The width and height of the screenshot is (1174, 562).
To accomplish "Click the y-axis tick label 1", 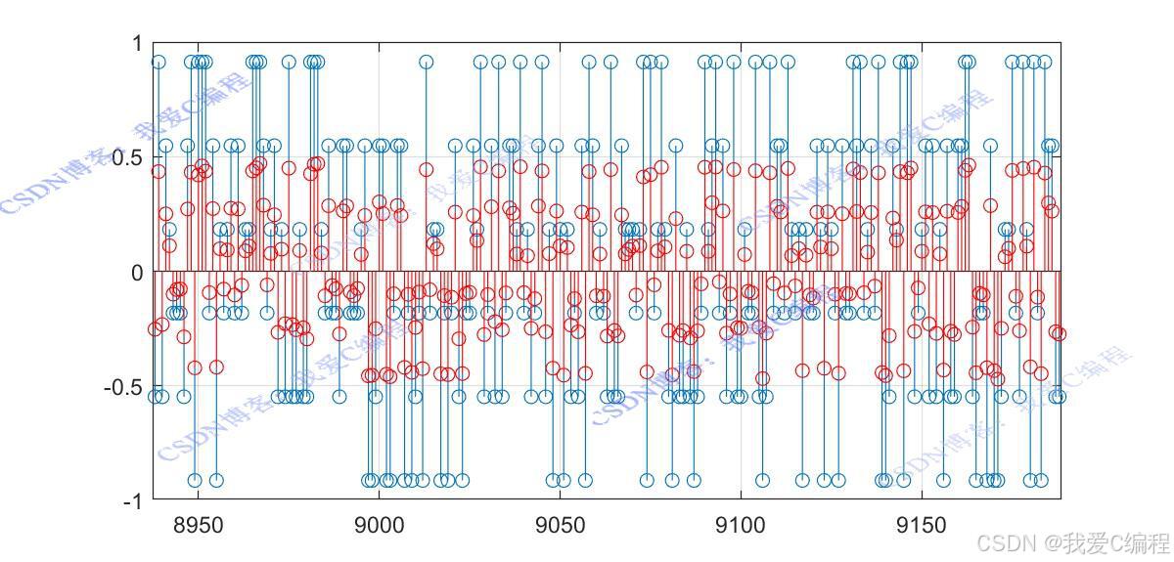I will pyautogui.click(x=136, y=45).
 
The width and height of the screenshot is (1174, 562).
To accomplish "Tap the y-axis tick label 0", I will pyautogui.click(x=136, y=273).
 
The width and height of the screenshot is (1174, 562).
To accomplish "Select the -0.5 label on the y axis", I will pyautogui.click(x=122, y=387).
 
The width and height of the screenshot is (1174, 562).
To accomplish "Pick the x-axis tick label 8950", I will pyautogui.click(x=198, y=526).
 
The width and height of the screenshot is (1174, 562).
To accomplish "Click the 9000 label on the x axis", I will pyautogui.click(x=379, y=526).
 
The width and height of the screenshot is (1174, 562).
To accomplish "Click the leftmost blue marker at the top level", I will pyautogui.click(x=158, y=62).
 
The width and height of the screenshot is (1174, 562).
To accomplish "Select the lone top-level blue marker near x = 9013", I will pyautogui.click(x=427, y=62).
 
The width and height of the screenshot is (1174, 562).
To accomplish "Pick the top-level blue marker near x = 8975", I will pyautogui.click(x=289, y=62).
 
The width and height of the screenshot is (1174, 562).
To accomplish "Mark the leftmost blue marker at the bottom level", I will pyautogui.click(x=195, y=480).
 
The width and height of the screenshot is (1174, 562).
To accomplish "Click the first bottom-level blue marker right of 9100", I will pyautogui.click(x=762, y=480).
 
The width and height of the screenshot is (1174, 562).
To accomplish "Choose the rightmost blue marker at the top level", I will pyautogui.click(x=1045, y=62).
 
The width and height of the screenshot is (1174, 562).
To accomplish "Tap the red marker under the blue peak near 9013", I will pyautogui.click(x=427, y=169).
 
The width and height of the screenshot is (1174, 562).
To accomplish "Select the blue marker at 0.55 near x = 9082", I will pyautogui.click(x=675, y=146).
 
